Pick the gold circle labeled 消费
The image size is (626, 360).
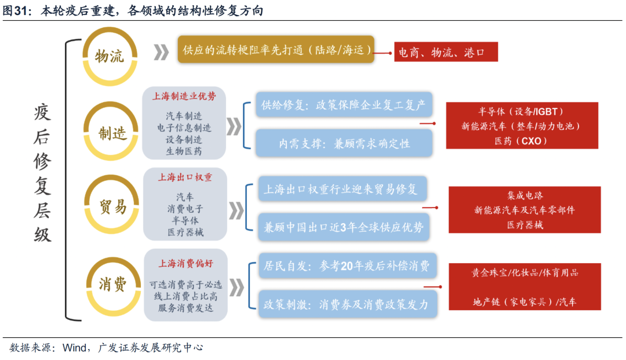pos(112,285)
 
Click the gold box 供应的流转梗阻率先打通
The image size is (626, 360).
pos(275,51)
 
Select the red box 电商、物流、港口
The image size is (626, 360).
pos(446,53)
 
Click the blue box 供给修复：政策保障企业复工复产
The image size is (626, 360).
pos(343,106)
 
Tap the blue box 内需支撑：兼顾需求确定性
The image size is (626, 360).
pos(343,143)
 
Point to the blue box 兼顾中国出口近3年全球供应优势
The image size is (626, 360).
pos(343,227)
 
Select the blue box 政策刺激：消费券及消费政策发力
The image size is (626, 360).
pos(345,304)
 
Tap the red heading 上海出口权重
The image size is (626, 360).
pos(185,177)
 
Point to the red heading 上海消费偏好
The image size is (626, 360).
pos(185,263)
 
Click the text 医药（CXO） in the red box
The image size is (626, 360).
pos(521,140)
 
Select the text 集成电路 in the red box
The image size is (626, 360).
pos(525,195)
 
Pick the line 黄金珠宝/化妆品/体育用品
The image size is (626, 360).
pos(525,272)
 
